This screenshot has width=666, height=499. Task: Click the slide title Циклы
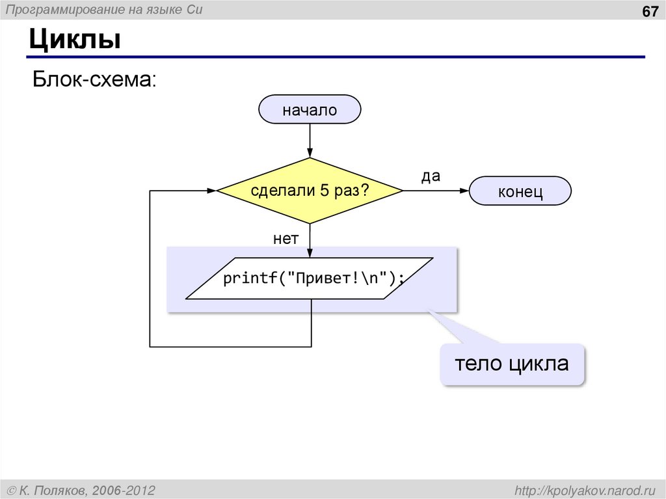(x=75, y=40)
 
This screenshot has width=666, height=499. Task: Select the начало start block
(x=310, y=110)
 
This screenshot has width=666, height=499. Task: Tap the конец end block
(x=520, y=192)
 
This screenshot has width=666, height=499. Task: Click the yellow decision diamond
(x=310, y=191)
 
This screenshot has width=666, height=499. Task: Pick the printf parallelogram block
(x=310, y=278)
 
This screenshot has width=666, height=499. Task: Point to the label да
(x=431, y=176)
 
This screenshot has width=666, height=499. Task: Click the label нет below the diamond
(x=286, y=239)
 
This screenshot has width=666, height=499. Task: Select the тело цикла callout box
(x=511, y=364)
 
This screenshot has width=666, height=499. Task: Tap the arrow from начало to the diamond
(x=310, y=141)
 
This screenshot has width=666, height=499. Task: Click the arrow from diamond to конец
(x=436, y=191)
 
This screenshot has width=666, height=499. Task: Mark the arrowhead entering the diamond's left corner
(x=211, y=191)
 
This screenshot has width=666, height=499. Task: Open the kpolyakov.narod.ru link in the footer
(x=585, y=489)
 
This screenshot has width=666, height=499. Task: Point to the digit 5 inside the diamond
(x=323, y=191)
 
